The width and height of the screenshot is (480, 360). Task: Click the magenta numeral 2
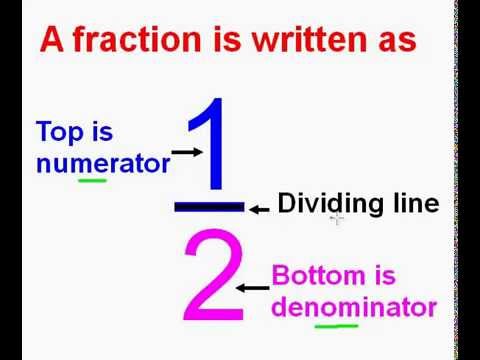[213, 278]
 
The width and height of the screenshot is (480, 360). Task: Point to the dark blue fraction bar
[208, 207]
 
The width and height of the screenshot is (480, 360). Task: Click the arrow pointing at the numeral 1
[187, 152]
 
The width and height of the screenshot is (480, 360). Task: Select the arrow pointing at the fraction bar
[259, 209]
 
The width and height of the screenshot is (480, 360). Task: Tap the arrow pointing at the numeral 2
[253, 288]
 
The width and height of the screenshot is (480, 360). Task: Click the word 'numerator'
[102, 163]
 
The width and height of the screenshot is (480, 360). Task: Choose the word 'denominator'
[354, 307]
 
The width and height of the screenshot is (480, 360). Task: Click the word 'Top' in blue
[59, 132]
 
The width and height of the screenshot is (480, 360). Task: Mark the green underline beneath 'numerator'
[93, 181]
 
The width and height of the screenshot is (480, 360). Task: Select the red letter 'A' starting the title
[53, 40]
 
